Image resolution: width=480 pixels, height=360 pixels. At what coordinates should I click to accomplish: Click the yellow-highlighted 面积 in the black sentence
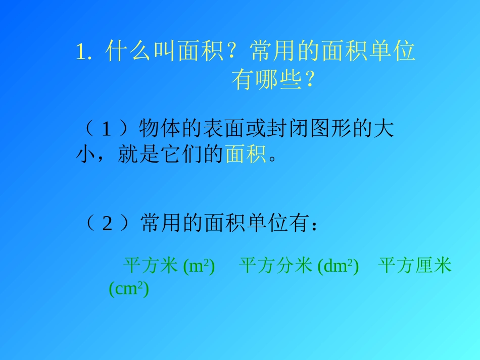[246, 155]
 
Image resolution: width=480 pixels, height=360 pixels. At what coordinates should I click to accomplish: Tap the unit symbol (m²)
[199, 267]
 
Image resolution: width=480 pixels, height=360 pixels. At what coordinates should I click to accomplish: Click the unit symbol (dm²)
[338, 267]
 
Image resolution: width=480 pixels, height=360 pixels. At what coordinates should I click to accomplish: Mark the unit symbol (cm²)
[129, 289]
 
